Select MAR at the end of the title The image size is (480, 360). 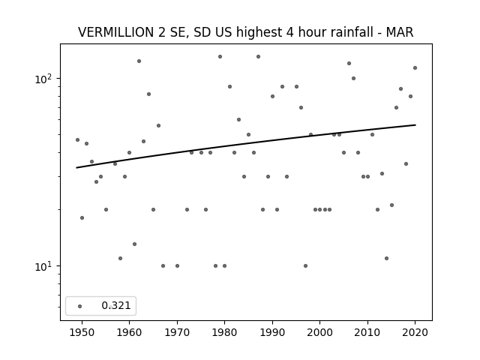(400, 32)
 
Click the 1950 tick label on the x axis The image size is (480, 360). (82, 332)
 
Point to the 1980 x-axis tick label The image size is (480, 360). (224, 332)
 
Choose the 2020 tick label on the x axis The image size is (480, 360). (415, 332)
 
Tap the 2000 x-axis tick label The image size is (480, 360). (320, 332)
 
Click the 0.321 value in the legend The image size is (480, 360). (116, 305)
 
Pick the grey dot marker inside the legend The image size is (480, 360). (80, 306)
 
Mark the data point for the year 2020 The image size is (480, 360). (415, 68)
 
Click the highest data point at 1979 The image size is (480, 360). (220, 57)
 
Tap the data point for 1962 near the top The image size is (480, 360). (139, 61)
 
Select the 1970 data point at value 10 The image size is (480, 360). (177, 265)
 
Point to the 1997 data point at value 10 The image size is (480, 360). (305, 265)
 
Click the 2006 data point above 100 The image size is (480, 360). (349, 63)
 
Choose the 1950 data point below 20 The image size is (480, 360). (82, 218)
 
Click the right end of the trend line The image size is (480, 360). (415, 125)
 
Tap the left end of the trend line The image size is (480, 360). (76, 168)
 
